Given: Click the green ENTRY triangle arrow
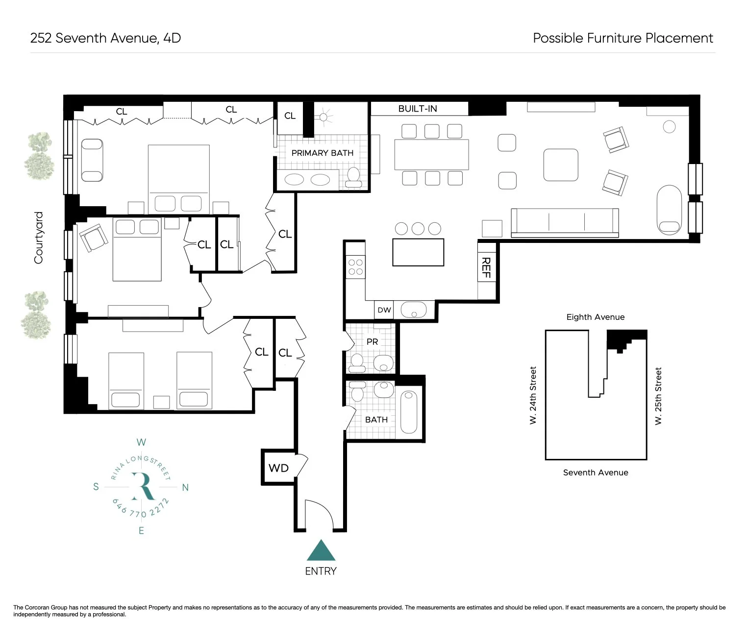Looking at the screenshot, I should coord(321,551).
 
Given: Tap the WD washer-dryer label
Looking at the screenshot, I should coord(278,468).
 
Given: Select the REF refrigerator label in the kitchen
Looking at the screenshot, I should coord(486,267).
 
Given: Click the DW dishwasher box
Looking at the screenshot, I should coord(384,310).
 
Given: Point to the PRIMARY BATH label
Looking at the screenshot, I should coord(322,153).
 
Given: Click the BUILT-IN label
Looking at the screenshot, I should coord(418,109).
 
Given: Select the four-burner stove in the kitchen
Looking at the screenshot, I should coord(355,267).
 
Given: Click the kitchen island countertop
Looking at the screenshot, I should coord(418,252).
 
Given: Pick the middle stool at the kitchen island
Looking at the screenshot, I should coord(418,228).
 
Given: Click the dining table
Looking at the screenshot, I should coord(431,154).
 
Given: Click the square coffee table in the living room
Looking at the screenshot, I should coord(561,165).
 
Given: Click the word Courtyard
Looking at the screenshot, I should coord(39,238).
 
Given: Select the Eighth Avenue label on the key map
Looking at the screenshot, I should coord(595,317).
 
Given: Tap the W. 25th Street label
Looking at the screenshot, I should coord(658,396).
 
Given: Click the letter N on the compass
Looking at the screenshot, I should coord(185,487).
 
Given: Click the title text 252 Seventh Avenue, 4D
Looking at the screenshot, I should coord(105,38).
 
